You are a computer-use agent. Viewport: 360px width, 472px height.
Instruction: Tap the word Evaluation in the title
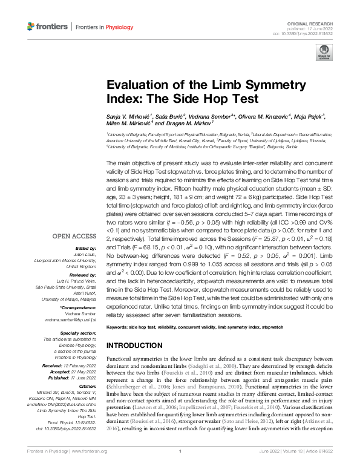click(137, 86)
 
